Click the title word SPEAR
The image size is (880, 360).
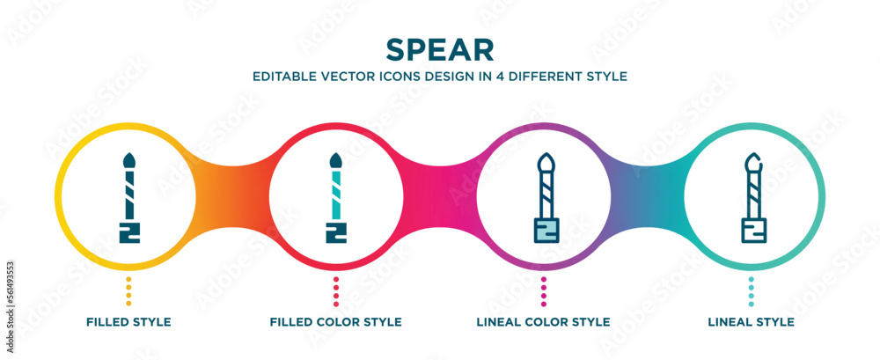439,48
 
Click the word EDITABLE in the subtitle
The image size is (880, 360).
282,77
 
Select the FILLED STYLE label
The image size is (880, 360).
128,322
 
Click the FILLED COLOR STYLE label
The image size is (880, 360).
336,322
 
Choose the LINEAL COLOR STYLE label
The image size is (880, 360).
543,322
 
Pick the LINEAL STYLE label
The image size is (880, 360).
751,322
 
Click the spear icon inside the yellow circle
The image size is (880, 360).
128,198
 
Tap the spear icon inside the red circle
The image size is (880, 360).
336,198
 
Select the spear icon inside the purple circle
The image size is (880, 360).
544,198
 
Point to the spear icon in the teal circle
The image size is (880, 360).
751,198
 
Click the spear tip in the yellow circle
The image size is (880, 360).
128,161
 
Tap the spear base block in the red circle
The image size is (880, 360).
336,232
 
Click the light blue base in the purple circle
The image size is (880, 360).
544,232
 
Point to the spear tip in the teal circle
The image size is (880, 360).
751,162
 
